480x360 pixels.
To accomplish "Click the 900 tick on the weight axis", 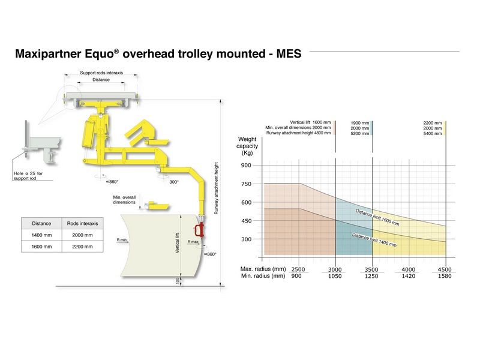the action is [x=246, y=166].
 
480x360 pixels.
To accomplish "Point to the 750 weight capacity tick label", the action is [x=246, y=184].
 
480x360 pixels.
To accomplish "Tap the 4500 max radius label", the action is [x=445, y=269].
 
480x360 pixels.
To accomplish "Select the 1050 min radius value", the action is [x=335, y=276].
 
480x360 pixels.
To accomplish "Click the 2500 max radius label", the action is [x=298, y=269].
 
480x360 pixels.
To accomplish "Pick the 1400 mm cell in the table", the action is [x=41, y=235].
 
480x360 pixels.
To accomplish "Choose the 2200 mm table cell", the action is [x=82, y=247].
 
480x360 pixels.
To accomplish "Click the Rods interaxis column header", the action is [x=82, y=223].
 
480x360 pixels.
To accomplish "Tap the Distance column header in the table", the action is [x=41, y=223].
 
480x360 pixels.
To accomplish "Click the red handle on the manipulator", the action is [x=200, y=229].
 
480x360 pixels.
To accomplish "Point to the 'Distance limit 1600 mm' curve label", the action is [x=377, y=217].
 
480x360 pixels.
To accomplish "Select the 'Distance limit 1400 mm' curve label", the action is [x=374, y=239].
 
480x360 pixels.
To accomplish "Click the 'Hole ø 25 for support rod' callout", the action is [x=28, y=176].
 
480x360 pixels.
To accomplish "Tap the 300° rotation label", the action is [x=174, y=182].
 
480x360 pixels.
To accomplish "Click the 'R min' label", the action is [x=122, y=239].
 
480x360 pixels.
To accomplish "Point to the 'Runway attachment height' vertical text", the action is [x=216, y=188].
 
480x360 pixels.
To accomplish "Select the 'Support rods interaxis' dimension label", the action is [x=101, y=73].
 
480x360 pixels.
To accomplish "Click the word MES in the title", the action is [x=289, y=53].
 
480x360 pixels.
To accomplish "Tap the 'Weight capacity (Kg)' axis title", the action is [x=247, y=146].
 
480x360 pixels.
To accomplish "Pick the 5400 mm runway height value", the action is [x=432, y=133].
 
